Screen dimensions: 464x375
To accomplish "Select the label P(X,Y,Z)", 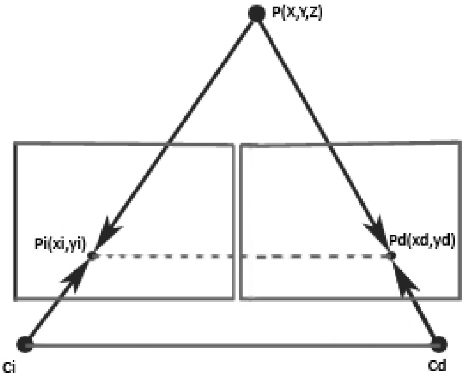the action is click(x=297, y=12).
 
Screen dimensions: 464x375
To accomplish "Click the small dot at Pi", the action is click(x=93, y=256).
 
